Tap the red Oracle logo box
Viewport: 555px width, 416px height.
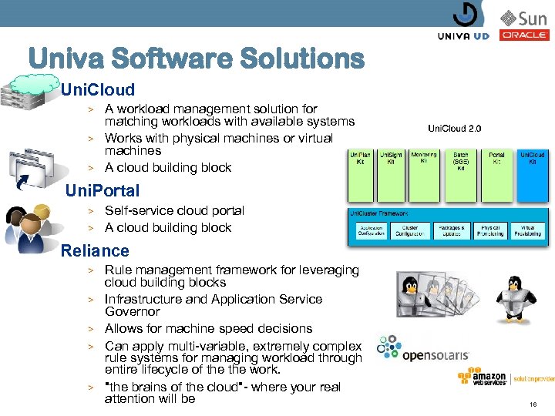(524, 35)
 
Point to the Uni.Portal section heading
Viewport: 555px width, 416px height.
(103, 190)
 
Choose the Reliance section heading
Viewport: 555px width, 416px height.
(95, 250)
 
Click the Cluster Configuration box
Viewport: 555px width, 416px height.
(410, 230)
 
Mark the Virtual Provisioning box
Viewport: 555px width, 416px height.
(527, 230)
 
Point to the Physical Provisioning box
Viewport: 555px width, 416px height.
(490, 230)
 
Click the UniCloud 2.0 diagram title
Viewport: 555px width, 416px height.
(454, 129)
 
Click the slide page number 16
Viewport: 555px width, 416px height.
(533, 404)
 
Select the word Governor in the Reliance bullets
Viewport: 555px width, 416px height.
(132, 311)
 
